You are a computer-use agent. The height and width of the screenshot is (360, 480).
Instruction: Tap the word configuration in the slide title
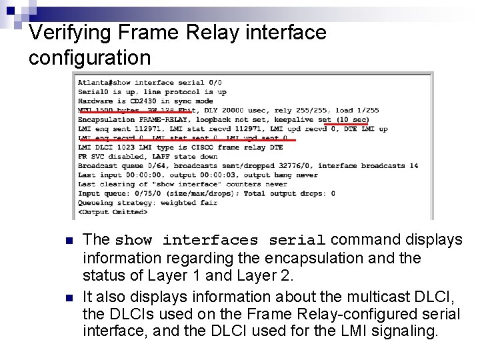tap(89, 58)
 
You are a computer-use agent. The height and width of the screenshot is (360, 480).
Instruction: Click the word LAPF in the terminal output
tap(164, 157)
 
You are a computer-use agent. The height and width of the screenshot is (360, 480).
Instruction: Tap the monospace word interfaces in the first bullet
tap(210, 241)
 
